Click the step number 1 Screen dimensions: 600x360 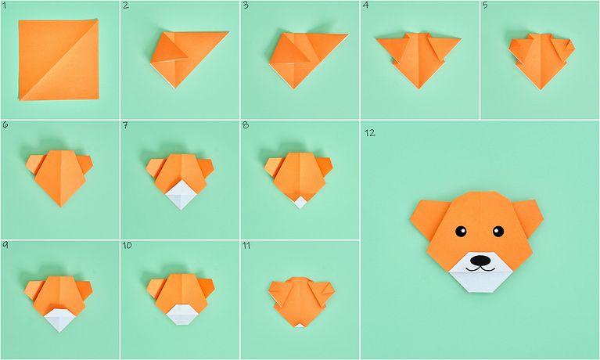click(x=4, y=5)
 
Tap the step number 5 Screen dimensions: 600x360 click(x=485, y=5)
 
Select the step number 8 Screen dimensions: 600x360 click(x=246, y=125)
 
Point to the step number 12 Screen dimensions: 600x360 click(x=370, y=133)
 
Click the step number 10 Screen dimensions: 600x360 click(x=127, y=245)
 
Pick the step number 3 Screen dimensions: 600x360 click(x=246, y=5)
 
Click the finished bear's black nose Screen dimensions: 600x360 click(x=480, y=261)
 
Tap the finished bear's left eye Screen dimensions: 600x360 click(x=461, y=232)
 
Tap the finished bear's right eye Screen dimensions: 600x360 click(x=498, y=231)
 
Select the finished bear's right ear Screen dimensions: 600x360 click(x=530, y=216)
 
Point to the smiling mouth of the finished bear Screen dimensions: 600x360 click(x=480, y=269)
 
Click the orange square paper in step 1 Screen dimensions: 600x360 click(x=59, y=59)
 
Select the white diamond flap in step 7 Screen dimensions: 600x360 click(x=181, y=196)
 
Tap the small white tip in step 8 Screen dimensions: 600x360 click(x=300, y=203)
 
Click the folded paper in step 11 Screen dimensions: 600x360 click(x=301, y=301)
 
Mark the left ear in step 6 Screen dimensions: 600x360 click(x=34, y=164)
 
